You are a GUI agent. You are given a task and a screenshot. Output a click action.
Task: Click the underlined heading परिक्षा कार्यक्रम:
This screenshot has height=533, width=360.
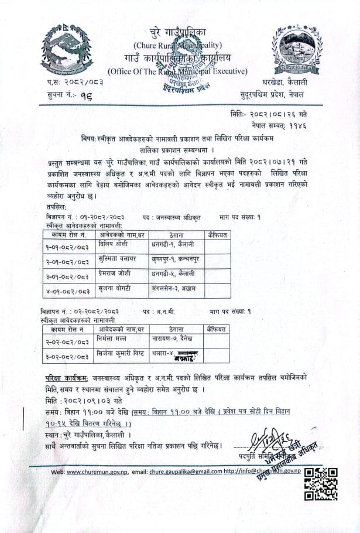pyautogui.click(x=71, y=377)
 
